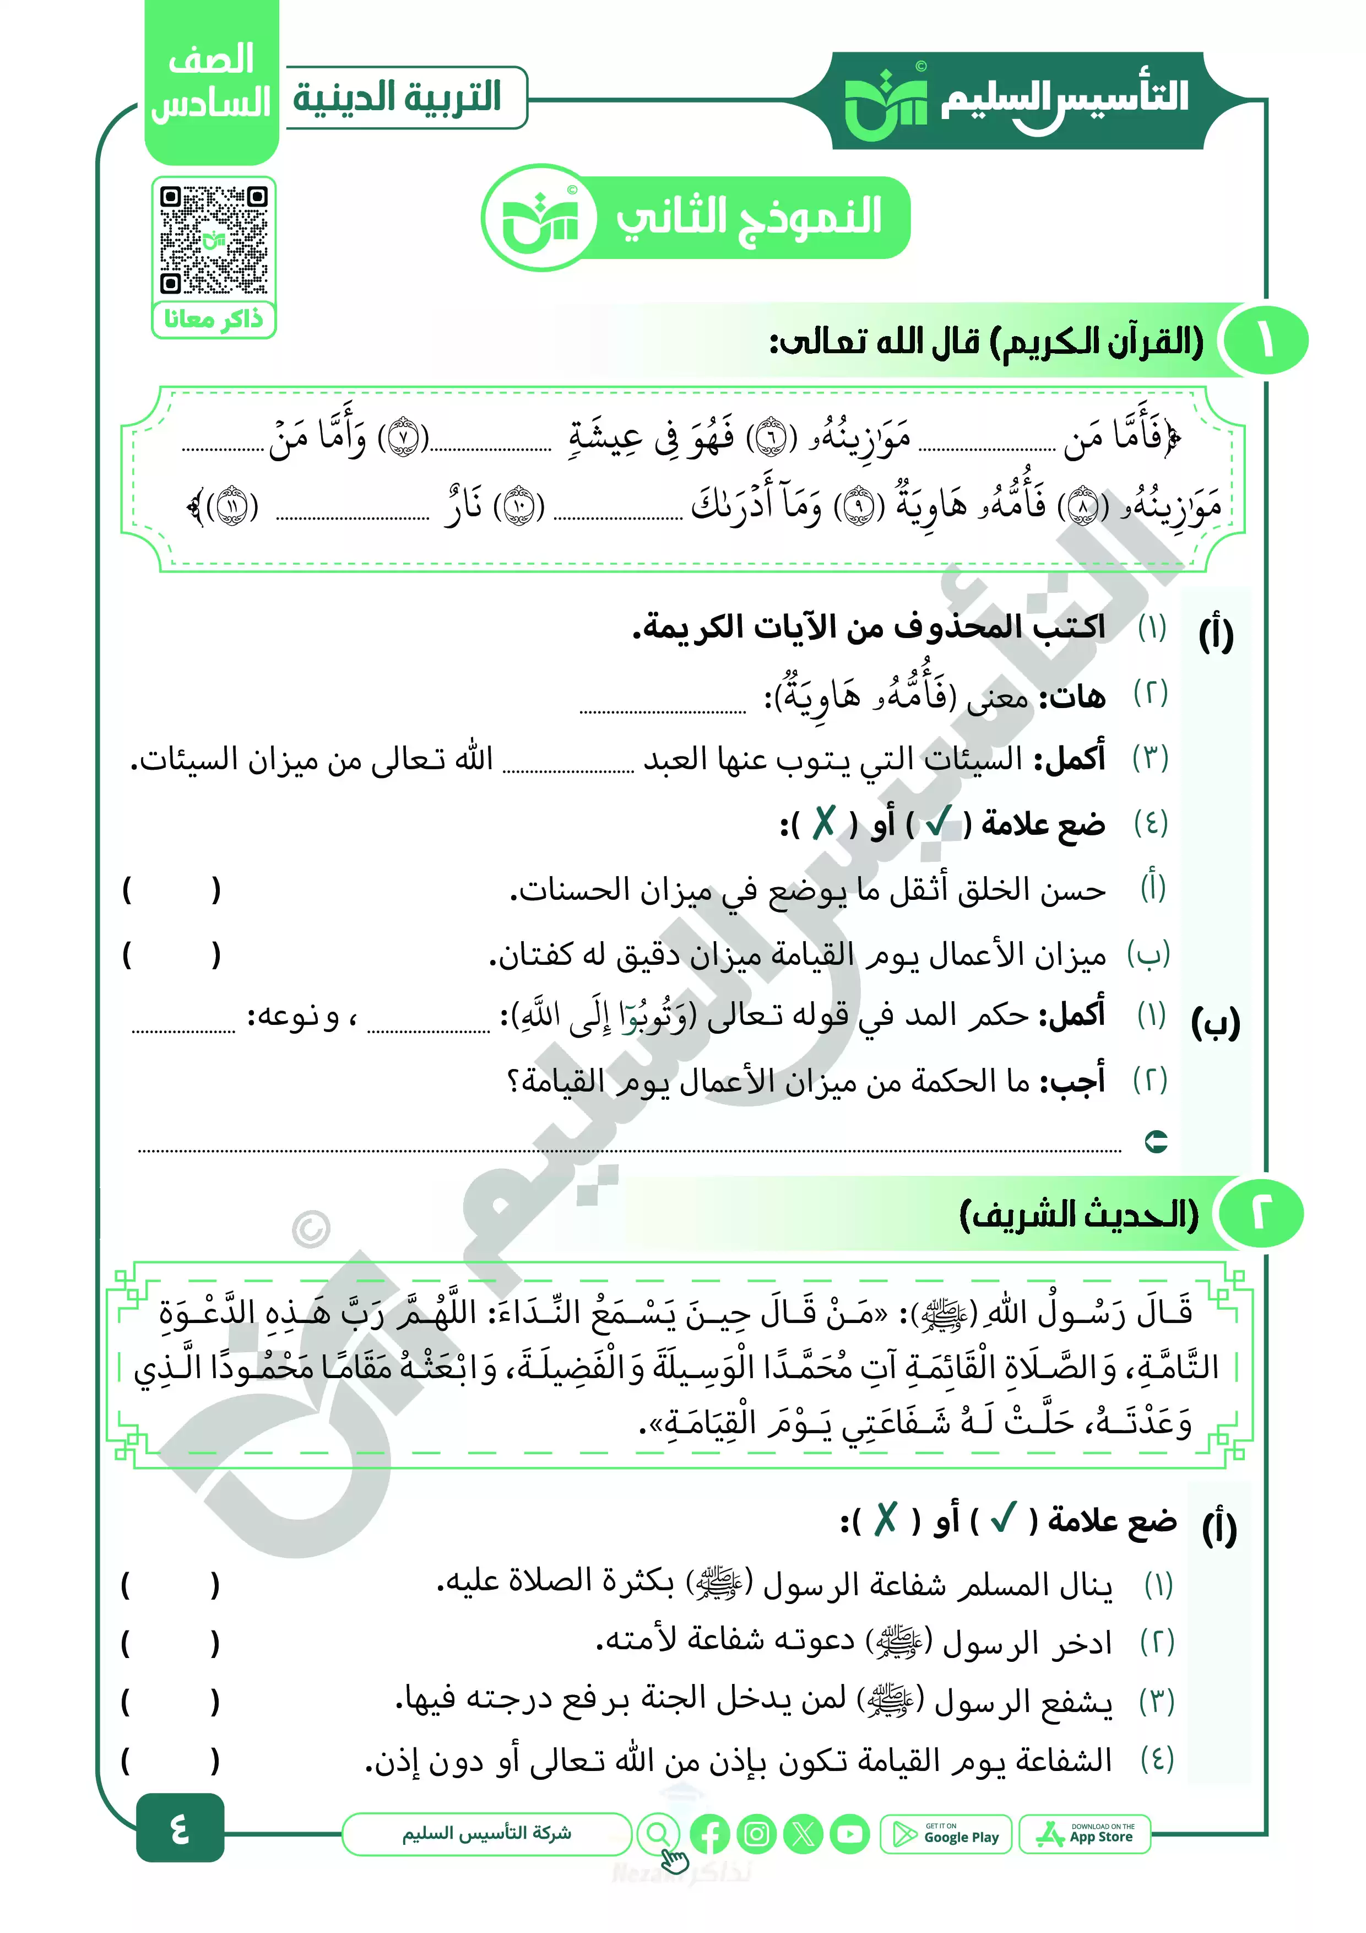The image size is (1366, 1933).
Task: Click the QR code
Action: click(x=214, y=240)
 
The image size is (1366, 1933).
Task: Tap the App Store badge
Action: click(x=1085, y=1834)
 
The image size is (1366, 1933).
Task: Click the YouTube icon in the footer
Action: click(x=850, y=1834)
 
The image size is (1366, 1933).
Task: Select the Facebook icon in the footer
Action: click(x=709, y=1834)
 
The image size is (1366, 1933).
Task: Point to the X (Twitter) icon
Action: click(x=803, y=1834)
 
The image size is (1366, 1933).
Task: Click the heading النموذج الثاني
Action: click(x=748, y=217)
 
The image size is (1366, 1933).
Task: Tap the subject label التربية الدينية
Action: click(x=397, y=98)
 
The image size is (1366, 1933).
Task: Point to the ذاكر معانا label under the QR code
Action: click(x=214, y=319)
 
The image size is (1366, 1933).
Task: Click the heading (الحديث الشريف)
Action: click(x=1078, y=1214)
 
